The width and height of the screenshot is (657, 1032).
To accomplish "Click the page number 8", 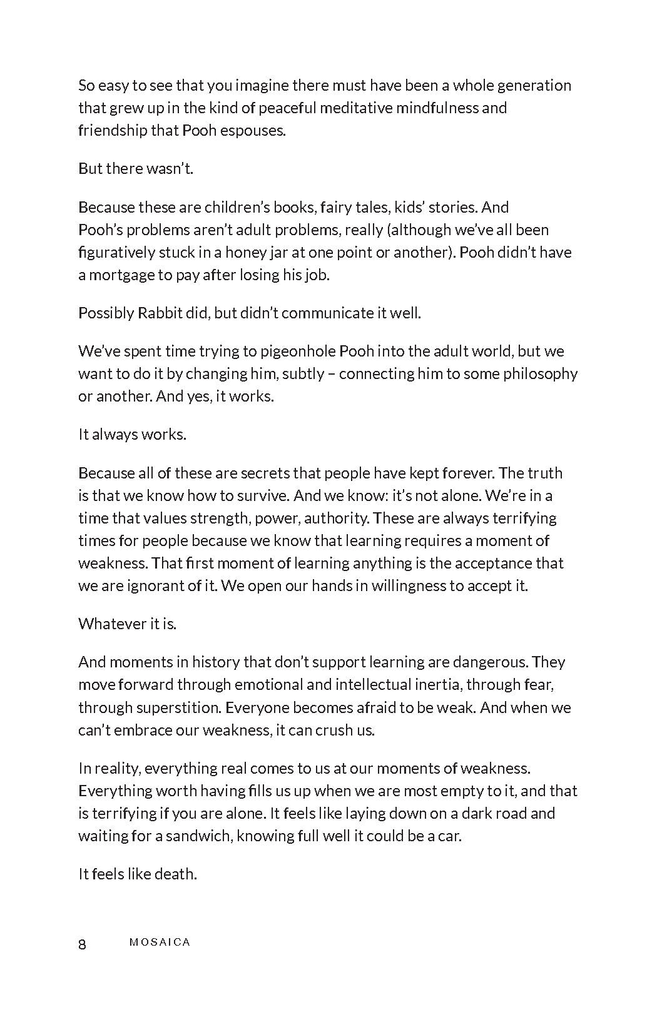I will tap(82, 944).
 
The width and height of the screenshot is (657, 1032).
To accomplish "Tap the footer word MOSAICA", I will tap(160, 943).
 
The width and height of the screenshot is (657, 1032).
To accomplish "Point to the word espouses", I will tap(253, 131).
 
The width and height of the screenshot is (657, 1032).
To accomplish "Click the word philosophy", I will tap(536, 374).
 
